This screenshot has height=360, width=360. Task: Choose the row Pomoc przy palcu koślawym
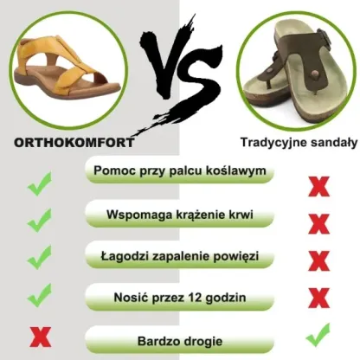pos(180,172)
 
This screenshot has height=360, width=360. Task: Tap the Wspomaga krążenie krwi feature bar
pos(180,215)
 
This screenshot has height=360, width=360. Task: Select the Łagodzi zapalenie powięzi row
pos(180,257)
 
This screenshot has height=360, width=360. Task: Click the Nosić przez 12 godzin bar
pos(180,299)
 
